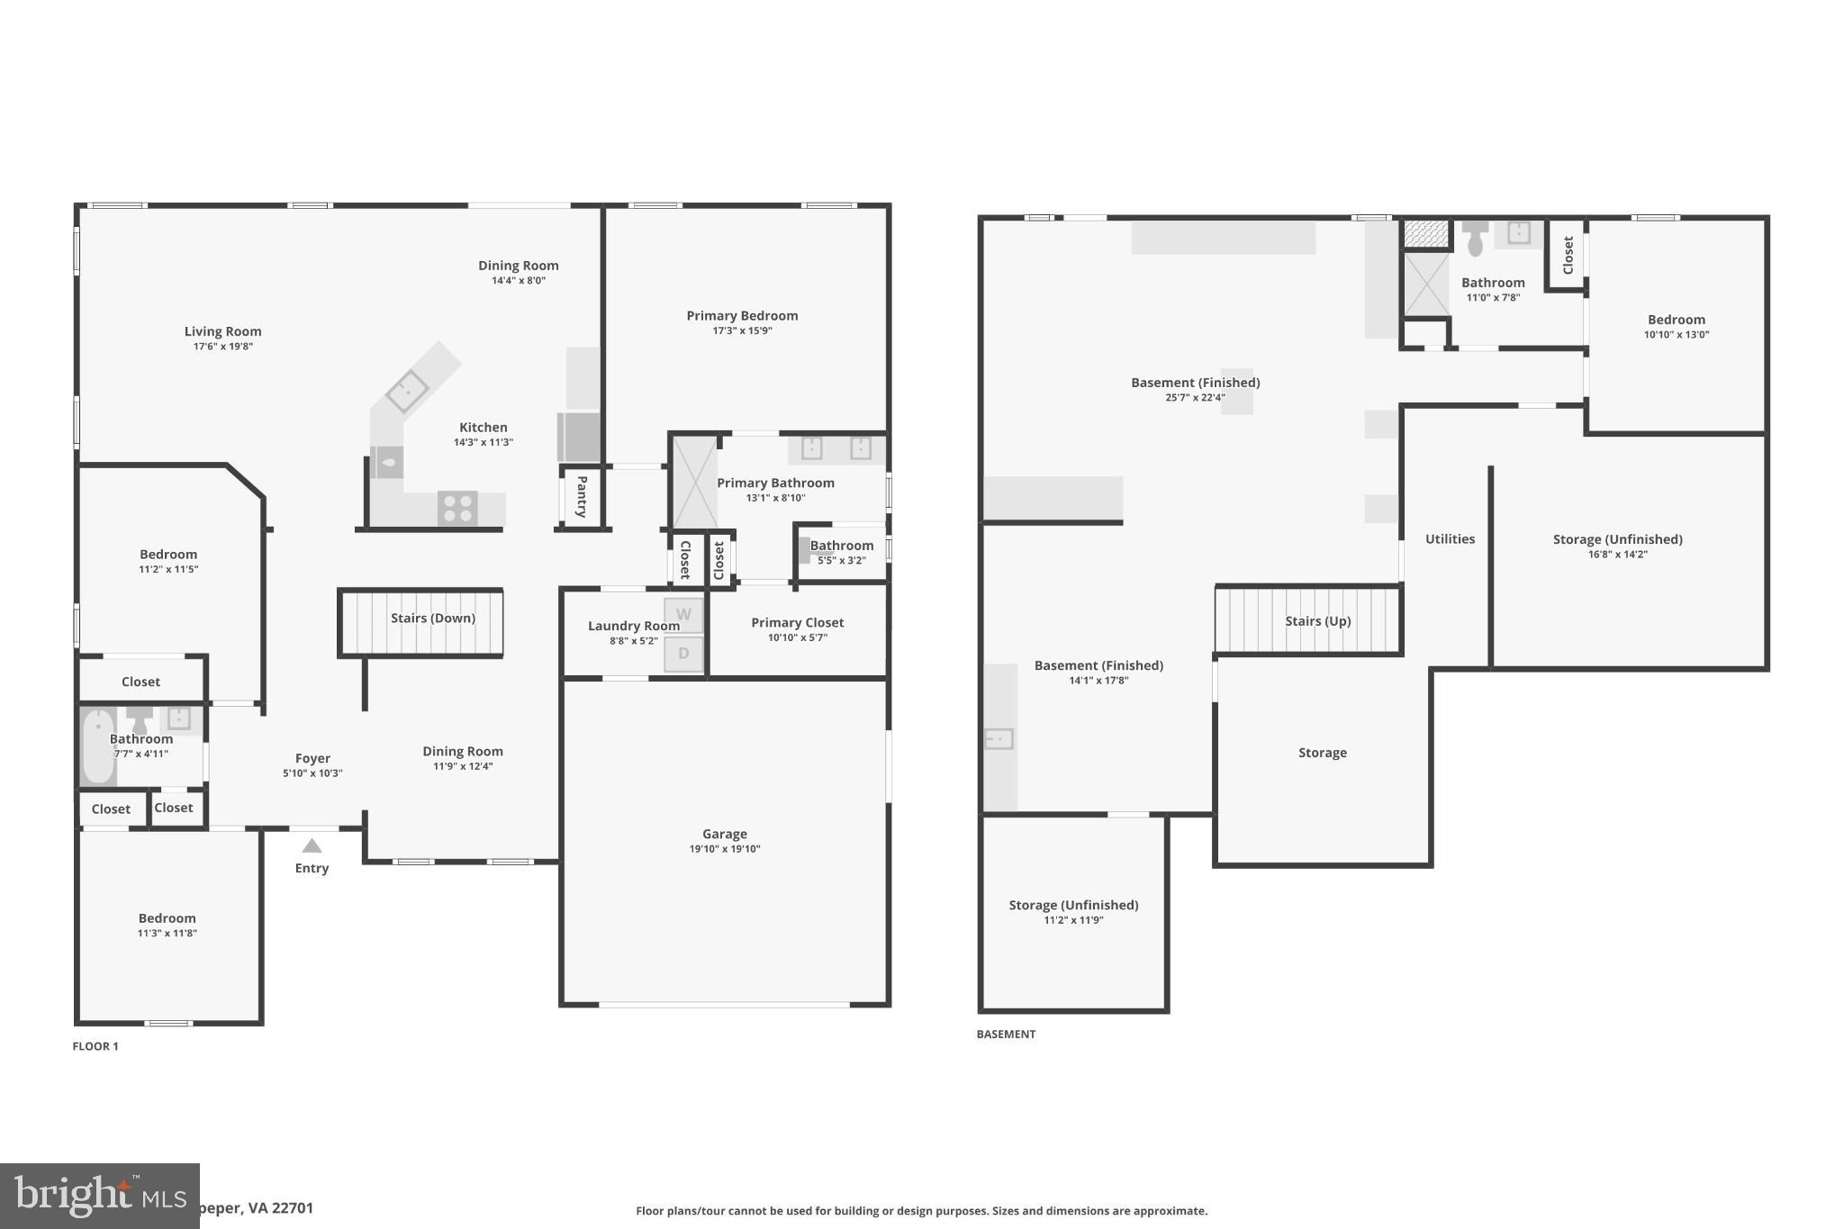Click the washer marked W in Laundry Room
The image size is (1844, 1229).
pyautogui.click(x=683, y=615)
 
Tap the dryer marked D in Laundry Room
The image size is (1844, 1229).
pyautogui.click(x=683, y=654)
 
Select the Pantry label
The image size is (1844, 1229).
pyautogui.click(x=582, y=496)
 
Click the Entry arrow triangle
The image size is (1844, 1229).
pyautogui.click(x=312, y=845)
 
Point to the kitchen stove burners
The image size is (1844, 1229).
pyautogui.click(x=457, y=509)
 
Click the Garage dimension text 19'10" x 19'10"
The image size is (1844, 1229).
pyautogui.click(x=725, y=849)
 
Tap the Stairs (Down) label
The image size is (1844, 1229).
pyautogui.click(x=432, y=619)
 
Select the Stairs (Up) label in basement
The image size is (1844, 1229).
pyautogui.click(x=1317, y=621)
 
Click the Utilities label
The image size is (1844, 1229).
pyautogui.click(x=1450, y=539)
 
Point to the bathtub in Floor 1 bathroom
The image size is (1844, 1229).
pyautogui.click(x=98, y=746)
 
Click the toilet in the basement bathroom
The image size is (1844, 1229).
pyautogui.click(x=1475, y=239)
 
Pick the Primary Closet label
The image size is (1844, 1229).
pyautogui.click(x=797, y=623)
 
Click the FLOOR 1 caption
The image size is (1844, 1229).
pyautogui.click(x=95, y=1046)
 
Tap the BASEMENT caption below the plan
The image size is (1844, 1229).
pyautogui.click(x=1006, y=1035)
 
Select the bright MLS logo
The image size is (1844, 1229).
pyautogui.click(x=99, y=1196)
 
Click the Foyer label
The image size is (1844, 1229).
pyautogui.click(x=312, y=759)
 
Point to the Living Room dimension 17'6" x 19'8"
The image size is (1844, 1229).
pyautogui.click(x=222, y=347)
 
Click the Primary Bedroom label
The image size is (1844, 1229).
pyautogui.click(x=742, y=316)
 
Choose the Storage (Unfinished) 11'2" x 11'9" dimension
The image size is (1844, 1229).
pyautogui.click(x=1073, y=920)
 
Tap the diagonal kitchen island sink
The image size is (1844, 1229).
pyautogui.click(x=407, y=391)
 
